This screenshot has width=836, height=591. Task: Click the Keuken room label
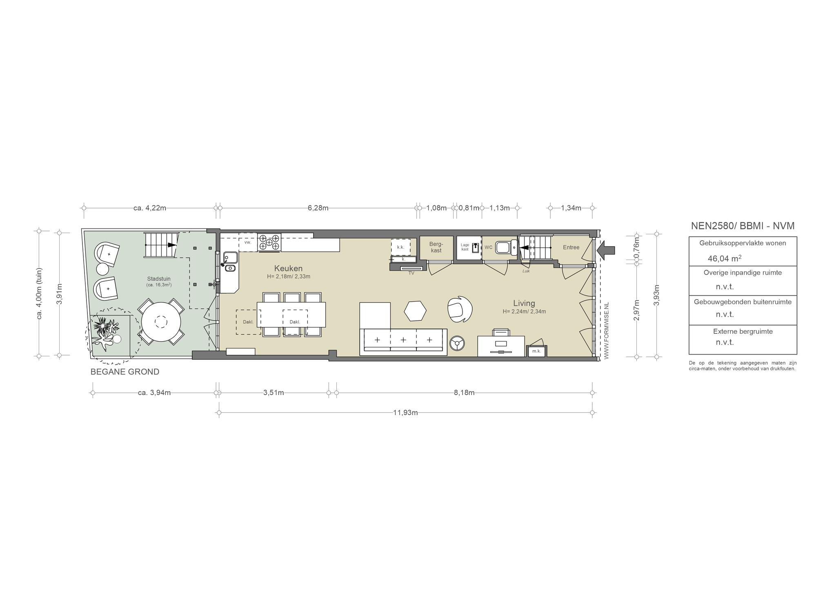pyautogui.click(x=288, y=269)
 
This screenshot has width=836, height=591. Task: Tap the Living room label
pyautogui.click(x=524, y=303)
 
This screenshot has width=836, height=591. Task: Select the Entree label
pyautogui.click(x=571, y=247)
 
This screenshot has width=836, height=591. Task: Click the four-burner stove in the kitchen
pyautogui.click(x=269, y=242)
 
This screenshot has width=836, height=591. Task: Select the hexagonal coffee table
pyautogui.click(x=415, y=311)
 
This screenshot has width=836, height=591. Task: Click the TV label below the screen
pyautogui.click(x=411, y=273)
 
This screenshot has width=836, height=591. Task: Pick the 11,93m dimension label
pyautogui.click(x=405, y=413)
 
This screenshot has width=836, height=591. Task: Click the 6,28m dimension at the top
pyautogui.click(x=318, y=208)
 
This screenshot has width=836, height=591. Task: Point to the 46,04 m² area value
pyautogui.click(x=725, y=258)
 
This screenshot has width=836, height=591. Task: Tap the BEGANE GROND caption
pyautogui.click(x=125, y=372)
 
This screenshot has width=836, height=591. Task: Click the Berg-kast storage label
pyautogui.click(x=436, y=247)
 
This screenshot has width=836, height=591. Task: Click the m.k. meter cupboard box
pyautogui.click(x=537, y=351)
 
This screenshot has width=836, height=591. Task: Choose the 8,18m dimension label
pyautogui.click(x=464, y=393)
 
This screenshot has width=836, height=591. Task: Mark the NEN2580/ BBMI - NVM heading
pyautogui.click(x=743, y=226)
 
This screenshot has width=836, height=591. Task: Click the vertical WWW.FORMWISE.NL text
pyautogui.click(x=606, y=331)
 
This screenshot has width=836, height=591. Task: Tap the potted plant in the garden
pyautogui.click(x=106, y=331)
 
